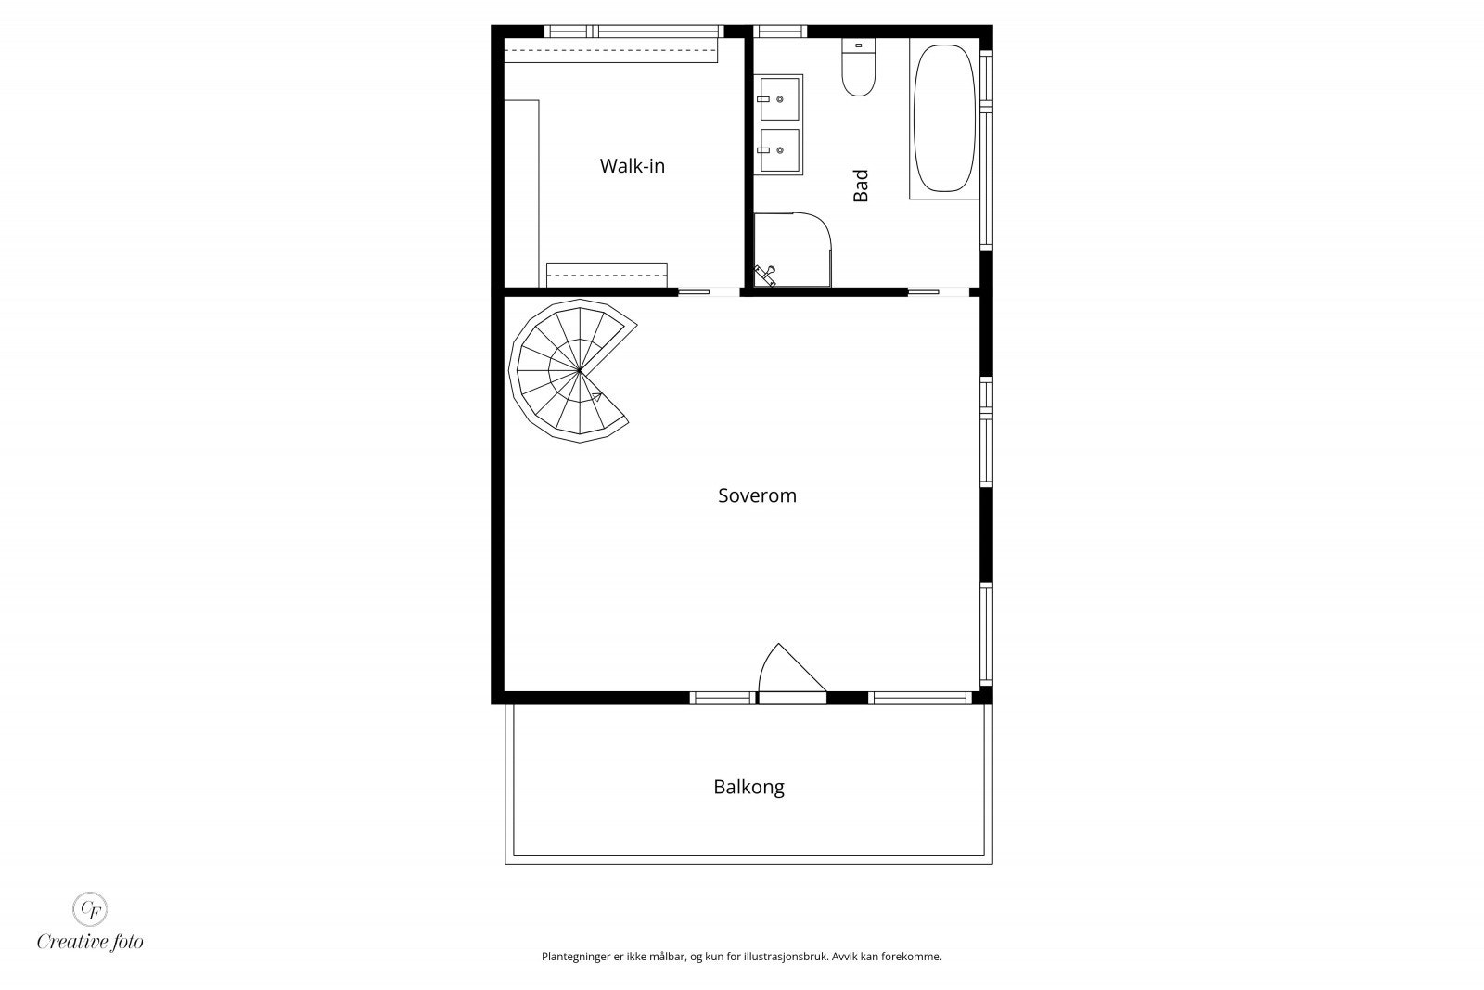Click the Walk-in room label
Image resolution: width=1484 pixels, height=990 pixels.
pos(632,167)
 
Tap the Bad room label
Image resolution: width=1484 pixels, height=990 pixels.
pos(861,186)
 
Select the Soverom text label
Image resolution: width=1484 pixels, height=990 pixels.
pos(757,495)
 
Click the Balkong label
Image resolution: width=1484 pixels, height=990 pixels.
pos(748,788)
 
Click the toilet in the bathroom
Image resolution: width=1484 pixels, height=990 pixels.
pos(859,71)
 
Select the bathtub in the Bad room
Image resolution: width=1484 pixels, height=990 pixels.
pos(944,117)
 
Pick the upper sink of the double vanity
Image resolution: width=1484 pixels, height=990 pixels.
pos(779,98)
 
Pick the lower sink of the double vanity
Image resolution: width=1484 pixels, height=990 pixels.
pos(779,150)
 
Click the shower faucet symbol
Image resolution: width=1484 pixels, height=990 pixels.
pos(766,273)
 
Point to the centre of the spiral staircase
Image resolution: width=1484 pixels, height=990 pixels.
pos(579,370)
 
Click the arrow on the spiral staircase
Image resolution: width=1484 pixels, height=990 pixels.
pos(595,397)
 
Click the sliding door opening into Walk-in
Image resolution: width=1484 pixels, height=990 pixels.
pos(709,292)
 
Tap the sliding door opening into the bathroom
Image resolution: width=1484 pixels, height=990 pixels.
pos(938,292)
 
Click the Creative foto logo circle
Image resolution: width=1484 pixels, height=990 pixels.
pos(90,908)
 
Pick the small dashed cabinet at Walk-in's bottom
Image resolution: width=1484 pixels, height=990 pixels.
pos(607,275)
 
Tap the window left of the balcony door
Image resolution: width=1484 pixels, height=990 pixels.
pos(722,697)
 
